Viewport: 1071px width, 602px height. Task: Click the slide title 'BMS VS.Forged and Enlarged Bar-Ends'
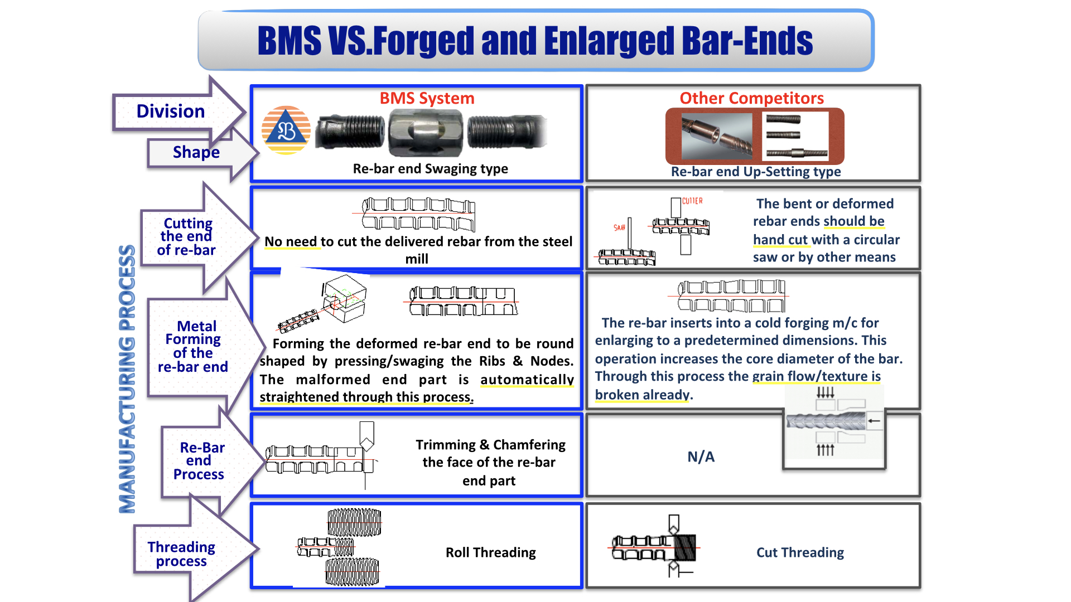coord(535,41)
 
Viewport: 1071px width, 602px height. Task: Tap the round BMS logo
coord(286,130)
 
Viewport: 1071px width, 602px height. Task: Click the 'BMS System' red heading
coord(427,99)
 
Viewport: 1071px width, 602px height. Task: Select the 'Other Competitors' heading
coord(751,99)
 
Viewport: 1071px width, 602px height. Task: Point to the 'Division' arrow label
coord(171,111)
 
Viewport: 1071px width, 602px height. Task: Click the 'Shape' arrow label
coord(196,152)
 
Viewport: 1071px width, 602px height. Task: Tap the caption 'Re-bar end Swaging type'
coord(430,169)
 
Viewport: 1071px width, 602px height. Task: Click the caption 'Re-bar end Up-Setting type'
coord(755,172)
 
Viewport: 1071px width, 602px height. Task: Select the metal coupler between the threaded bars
coord(426,133)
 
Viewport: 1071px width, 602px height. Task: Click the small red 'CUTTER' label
coord(692,201)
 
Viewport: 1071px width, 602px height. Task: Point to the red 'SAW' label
coord(619,228)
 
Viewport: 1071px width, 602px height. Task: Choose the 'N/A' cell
coord(701,457)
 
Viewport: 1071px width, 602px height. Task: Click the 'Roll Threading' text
coord(490,552)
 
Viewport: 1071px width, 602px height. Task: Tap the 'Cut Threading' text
coord(800,552)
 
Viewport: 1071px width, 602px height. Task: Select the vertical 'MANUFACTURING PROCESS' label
coord(127,379)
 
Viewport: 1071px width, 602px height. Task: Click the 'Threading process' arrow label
coord(181,554)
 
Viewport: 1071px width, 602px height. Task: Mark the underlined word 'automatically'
coord(527,380)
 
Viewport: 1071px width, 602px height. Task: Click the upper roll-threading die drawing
coord(354,522)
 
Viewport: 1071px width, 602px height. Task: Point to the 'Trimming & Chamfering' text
coord(490,445)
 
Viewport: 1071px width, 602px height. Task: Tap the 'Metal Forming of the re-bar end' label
coord(193,346)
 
